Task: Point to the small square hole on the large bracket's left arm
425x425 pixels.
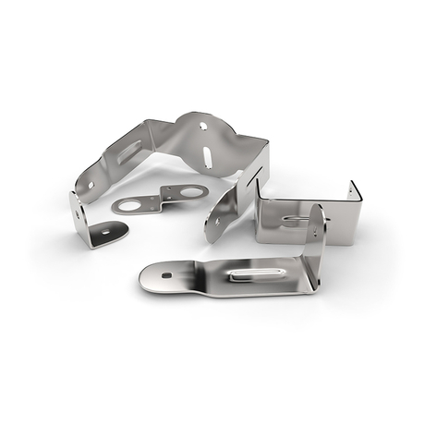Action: click(91, 185)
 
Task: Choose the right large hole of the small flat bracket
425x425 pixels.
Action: click(192, 192)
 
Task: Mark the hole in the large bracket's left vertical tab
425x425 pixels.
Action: click(80, 214)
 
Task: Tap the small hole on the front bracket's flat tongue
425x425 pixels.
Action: click(166, 274)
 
